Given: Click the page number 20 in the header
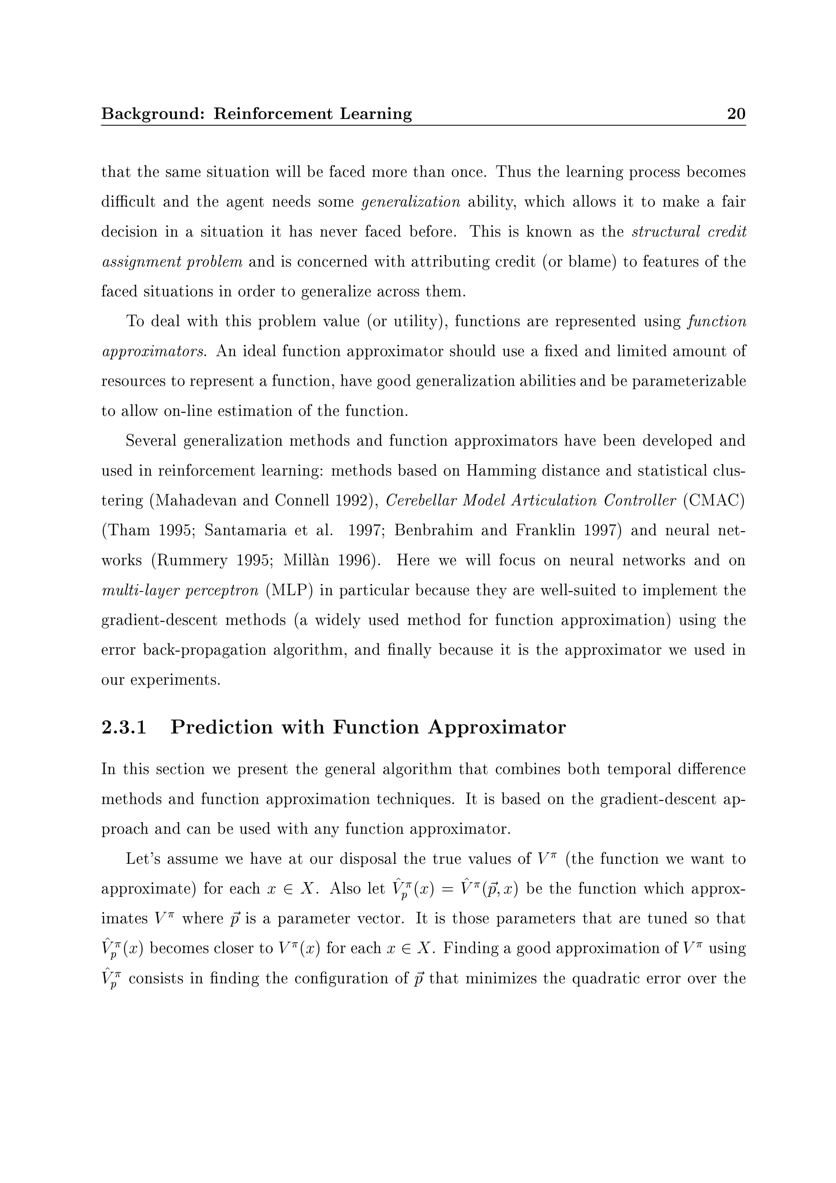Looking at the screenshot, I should (736, 113).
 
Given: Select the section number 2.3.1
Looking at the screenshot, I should (124, 727).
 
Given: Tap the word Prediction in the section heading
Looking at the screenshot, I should (222, 727).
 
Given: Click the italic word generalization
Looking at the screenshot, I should (411, 202).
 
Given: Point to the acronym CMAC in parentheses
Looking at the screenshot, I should (714, 500).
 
